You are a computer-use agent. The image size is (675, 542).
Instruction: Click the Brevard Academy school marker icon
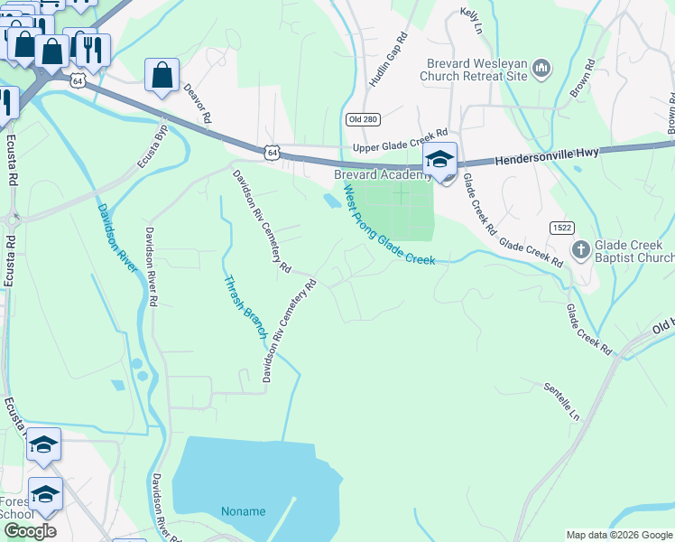coord(439,161)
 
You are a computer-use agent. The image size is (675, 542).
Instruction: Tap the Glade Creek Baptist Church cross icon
coord(581,248)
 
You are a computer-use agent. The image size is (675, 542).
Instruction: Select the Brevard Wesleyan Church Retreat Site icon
coord(541,68)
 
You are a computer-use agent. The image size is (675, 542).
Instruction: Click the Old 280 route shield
coord(359,119)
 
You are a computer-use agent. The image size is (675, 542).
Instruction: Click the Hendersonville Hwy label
coord(546,159)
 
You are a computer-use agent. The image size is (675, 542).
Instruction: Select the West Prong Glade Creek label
coord(388,226)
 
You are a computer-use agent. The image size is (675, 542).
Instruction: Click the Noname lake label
coord(244,511)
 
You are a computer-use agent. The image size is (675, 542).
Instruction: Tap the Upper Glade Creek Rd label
coord(400,137)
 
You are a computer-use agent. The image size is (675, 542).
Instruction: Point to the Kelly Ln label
coord(470,20)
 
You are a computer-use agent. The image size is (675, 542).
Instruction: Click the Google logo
coord(29,531)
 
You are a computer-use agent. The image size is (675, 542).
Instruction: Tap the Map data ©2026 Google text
coord(618,535)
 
